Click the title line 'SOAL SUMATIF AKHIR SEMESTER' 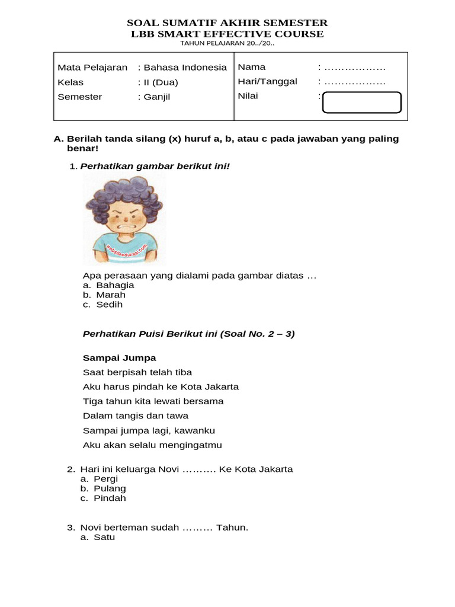click(227, 23)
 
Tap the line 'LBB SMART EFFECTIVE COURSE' click(227, 34)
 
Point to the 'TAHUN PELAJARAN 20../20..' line click(227, 43)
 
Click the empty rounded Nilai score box click(361, 102)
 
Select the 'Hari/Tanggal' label click(267, 82)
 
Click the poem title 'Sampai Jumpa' click(119, 358)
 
